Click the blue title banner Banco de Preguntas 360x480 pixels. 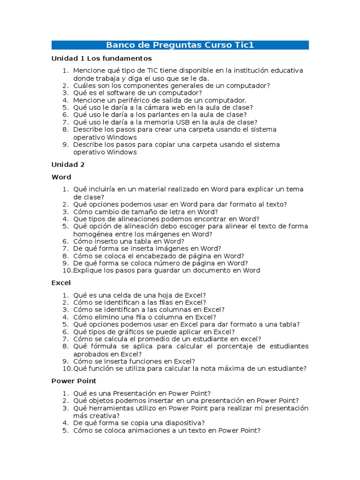(x=180, y=45)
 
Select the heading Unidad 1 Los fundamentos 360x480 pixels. (x=101, y=59)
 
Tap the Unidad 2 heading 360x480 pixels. (x=68, y=165)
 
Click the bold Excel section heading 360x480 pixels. (x=61, y=283)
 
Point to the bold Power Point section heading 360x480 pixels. (x=74, y=381)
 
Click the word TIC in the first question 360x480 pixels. (x=154, y=71)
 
